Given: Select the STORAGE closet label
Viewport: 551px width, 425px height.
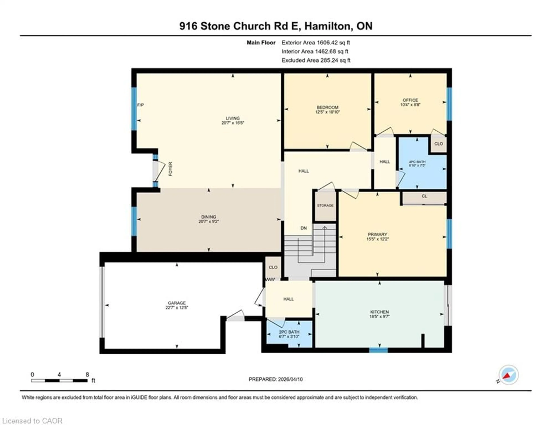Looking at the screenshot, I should [325, 205].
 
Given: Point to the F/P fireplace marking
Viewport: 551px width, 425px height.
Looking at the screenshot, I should [140, 105].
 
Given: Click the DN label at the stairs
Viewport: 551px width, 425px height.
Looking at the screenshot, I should [303, 228].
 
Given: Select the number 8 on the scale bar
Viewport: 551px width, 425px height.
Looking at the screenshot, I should [87, 374].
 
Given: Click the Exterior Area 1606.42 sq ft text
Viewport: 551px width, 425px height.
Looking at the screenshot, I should [316, 43].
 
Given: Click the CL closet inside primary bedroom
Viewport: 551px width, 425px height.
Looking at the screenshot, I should [424, 196].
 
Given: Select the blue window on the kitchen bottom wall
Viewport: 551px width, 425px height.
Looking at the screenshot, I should [378, 350].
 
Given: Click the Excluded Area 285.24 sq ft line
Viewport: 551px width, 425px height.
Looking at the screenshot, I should [316, 60].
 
